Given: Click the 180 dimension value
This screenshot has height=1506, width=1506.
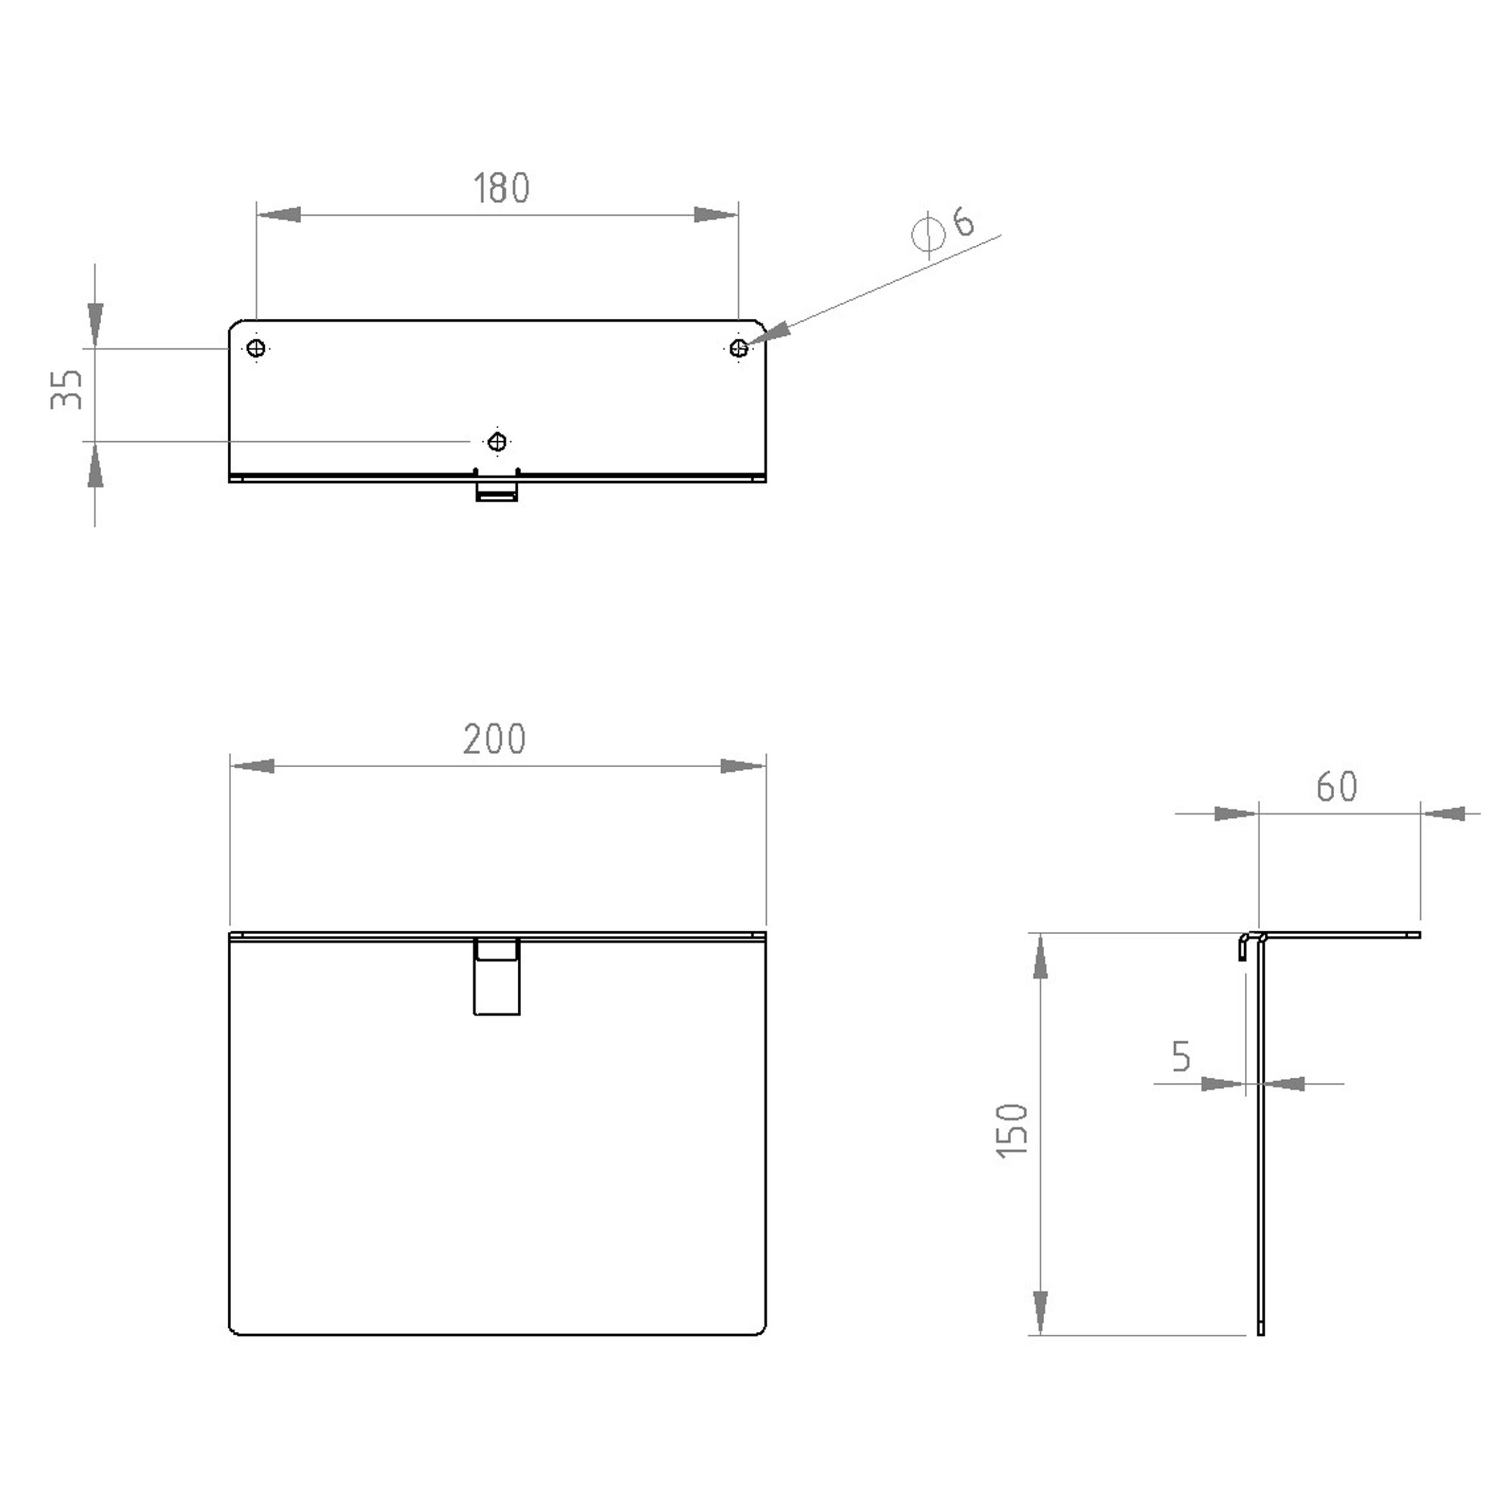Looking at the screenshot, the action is [502, 188].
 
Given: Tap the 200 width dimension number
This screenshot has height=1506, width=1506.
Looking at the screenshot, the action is [495, 739].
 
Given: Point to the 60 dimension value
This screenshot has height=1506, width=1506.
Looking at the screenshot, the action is [1337, 787].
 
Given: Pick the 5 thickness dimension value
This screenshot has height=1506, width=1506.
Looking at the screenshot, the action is [1182, 1055].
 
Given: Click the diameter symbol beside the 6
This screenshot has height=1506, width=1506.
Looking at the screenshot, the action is [928, 232].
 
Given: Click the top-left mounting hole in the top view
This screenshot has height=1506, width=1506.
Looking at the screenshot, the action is [256, 348].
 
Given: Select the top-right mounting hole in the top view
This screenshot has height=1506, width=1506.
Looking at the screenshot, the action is [738, 348].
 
